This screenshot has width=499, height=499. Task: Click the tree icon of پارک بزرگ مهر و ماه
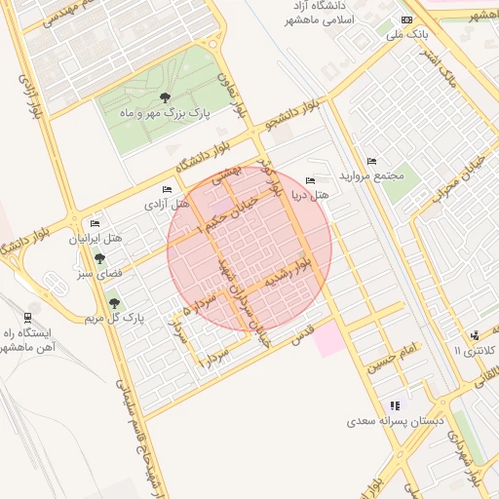point(165,97)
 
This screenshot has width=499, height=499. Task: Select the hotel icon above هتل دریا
point(311,180)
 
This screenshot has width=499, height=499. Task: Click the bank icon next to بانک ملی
point(406,20)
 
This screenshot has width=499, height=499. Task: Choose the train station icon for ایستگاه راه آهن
point(26,317)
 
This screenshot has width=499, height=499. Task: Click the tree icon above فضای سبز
point(99,258)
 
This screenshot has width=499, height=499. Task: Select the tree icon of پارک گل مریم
point(115,303)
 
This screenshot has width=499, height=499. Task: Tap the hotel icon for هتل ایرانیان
point(95,223)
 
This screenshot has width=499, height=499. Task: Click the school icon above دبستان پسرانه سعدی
point(395,405)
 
